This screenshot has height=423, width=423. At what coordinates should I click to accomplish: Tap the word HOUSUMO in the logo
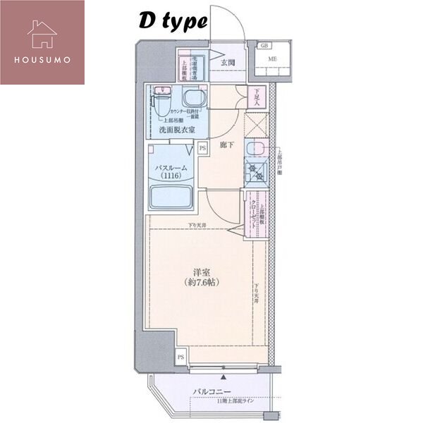pyautogui.click(x=42, y=59)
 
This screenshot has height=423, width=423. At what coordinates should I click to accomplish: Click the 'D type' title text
pyautogui.click(x=172, y=22)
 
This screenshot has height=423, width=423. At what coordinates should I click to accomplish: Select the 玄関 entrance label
pyautogui.click(x=227, y=63)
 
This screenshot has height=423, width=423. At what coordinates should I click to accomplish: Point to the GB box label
pyautogui.click(x=264, y=46)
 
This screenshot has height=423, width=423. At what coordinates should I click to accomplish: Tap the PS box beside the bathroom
pyautogui.click(x=202, y=148)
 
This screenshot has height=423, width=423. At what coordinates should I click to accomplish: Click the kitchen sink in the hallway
pyautogui.click(x=255, y=149)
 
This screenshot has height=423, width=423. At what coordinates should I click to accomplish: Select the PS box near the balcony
pyautogui.click(x=180, y=357)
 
